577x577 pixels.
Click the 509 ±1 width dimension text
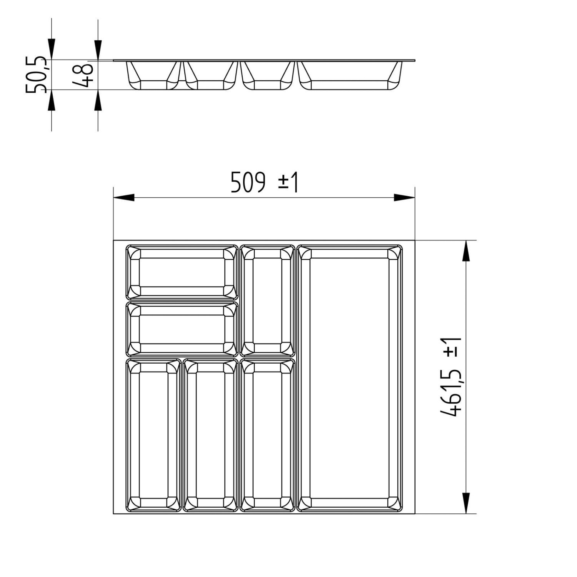(264, 182)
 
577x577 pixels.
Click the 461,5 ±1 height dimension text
(451, 377)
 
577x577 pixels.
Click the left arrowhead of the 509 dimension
(124, 198)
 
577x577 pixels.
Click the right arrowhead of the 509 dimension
(405, 198)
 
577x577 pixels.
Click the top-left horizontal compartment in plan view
(182, 272)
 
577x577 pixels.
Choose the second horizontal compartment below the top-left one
(182, 329)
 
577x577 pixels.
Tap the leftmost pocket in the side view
(153, 75)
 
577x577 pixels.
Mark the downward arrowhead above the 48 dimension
(98, 49)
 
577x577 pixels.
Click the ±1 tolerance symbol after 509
(288, 182)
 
